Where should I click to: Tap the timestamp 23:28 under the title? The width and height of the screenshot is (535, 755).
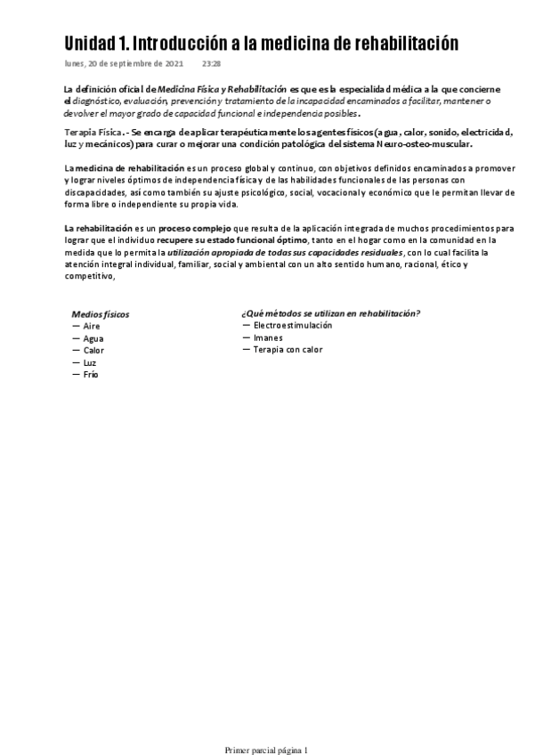point(212,64)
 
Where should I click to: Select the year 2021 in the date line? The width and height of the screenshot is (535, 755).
point(173,64)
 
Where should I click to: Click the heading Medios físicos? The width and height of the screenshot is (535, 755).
point(100,314)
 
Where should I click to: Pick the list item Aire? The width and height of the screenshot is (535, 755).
point(91,327)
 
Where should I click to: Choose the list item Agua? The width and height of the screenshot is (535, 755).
point(93,339)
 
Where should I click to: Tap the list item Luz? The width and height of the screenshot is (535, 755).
point(90,363)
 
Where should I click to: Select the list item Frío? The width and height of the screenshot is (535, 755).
point(91,375)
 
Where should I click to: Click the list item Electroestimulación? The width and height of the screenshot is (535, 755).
point(293,326)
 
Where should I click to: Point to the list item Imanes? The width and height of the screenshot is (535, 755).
point(268,338)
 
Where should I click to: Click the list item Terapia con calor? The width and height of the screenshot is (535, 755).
point(288,350)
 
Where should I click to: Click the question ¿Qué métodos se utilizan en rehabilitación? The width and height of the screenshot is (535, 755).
point(330,313)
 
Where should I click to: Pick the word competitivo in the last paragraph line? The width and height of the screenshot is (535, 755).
point(89,276)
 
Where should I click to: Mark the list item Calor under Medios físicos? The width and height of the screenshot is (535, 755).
point(93,351)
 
